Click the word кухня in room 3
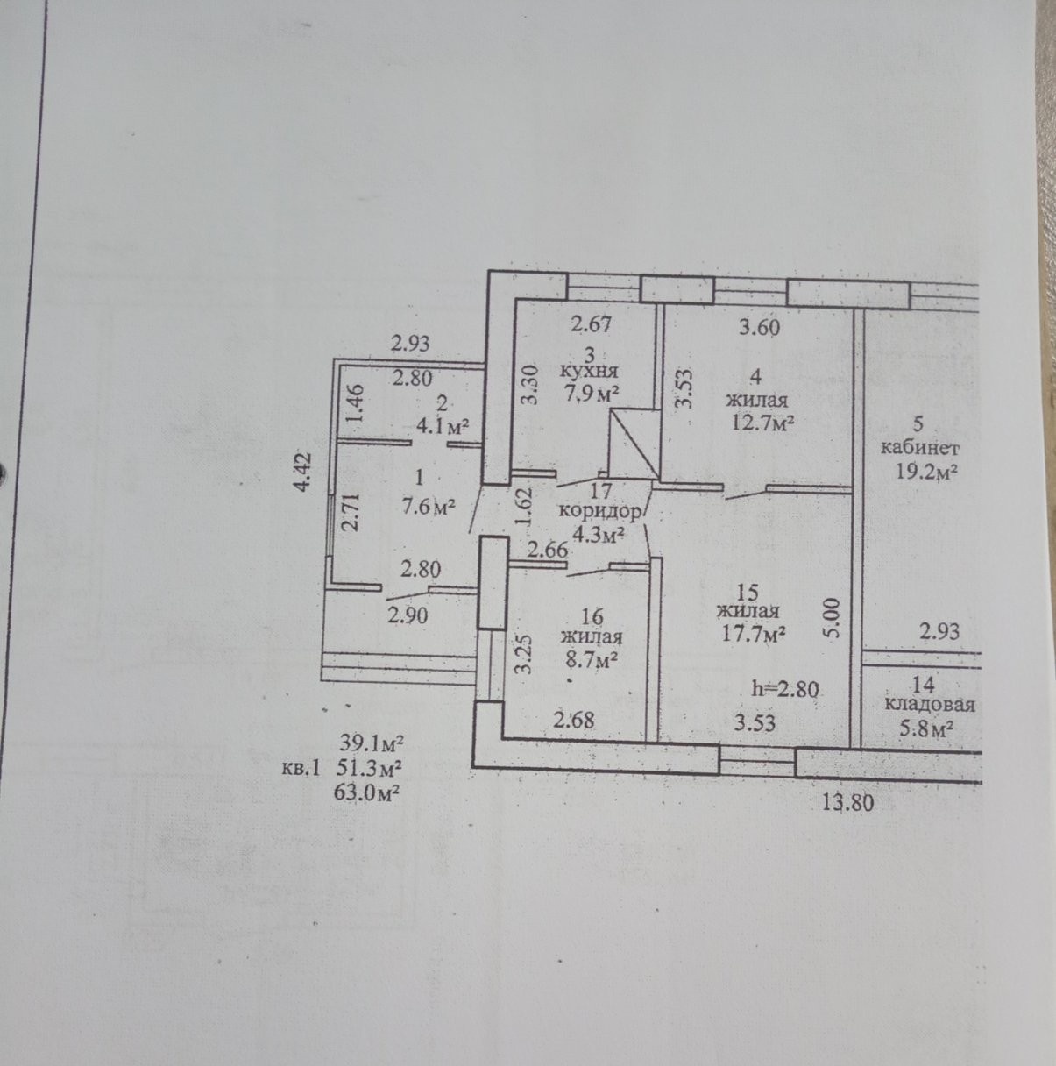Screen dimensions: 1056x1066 (x=589, y=370)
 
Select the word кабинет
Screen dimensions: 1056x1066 (x=919, y=448)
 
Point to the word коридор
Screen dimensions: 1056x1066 (x=599, y=511)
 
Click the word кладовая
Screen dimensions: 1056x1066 (x=930, y=705)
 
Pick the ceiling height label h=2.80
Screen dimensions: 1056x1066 (x=785, y=689)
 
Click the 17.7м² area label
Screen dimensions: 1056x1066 (x=753, y=633)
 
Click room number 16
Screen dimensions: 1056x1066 (x=592, y=615)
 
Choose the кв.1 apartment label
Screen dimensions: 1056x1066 (x=301, y=770)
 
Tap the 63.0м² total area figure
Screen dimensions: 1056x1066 (x=366, y=794)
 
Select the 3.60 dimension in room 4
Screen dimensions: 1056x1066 (x=760, y=327)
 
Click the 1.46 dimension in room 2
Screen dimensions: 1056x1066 (x=357, y=403)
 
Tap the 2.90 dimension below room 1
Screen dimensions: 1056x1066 (x=408, y=615)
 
